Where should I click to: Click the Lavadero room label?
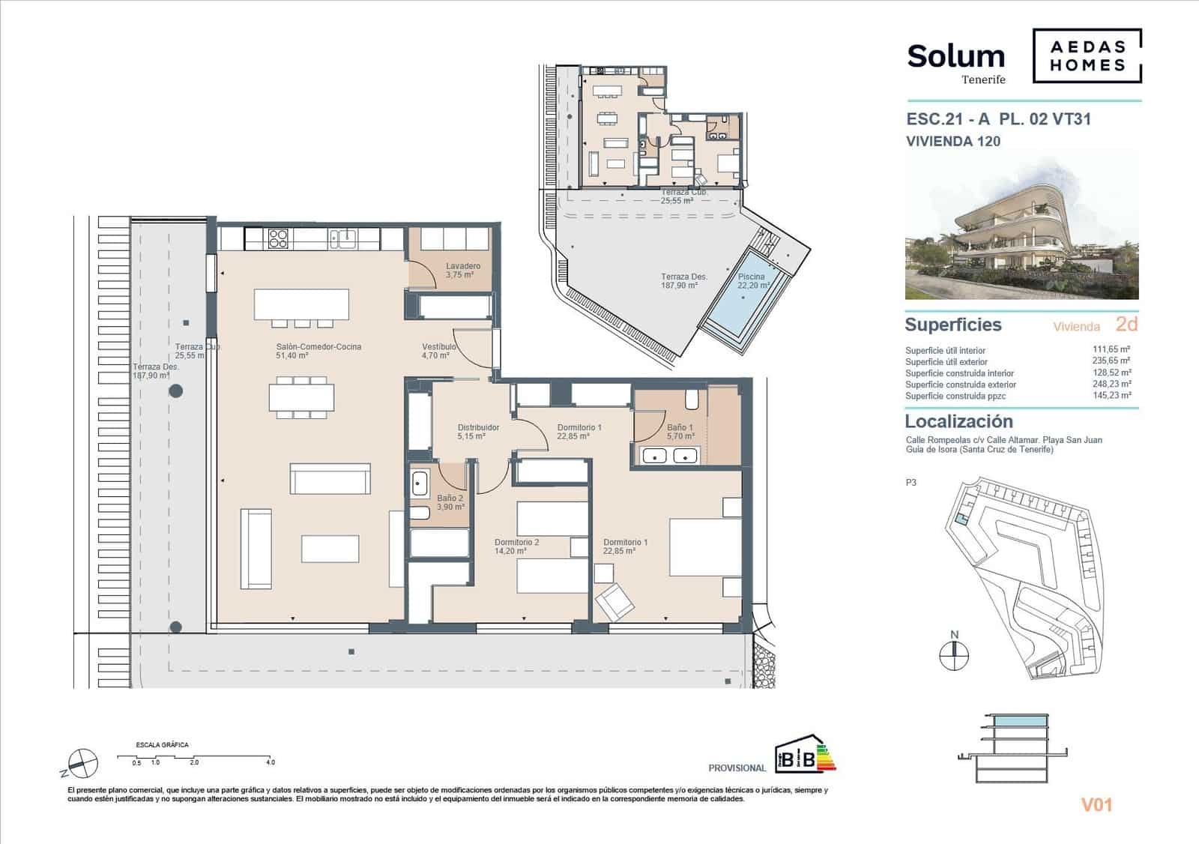pos(462,267)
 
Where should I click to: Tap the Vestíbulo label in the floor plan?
pos(438,347)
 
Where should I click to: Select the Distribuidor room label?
pos(478,428)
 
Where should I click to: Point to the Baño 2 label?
pos(450,498)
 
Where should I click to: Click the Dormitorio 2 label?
pos(516,543)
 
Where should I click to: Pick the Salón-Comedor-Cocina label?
pos(318,347)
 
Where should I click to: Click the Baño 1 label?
pos(680,428)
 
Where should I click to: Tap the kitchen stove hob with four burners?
pos(278,238)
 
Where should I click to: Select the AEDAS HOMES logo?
pos(1087,55)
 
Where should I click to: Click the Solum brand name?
pos(955,56)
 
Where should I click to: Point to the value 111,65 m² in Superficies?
pos(1111,349)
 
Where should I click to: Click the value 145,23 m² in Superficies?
pos(1111,395)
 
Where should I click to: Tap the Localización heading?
pos(958,421)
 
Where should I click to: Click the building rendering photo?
pos(1021,228)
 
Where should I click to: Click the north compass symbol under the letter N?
pos(954,656)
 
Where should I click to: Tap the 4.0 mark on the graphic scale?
pos(270,762)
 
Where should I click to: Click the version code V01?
pos(1096,806)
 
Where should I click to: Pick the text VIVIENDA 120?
pos(952,141)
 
